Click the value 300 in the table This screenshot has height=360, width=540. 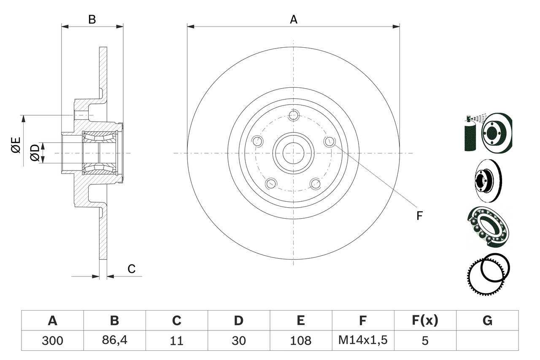[52, 341]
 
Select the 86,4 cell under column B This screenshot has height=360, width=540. [114, 341]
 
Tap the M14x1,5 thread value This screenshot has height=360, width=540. [363, 341]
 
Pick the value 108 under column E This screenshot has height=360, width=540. [301, 341]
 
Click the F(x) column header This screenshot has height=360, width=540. [425, 321]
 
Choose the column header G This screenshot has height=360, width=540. [487, 321]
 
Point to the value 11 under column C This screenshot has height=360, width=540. [176, 341]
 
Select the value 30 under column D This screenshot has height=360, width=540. [239, 341]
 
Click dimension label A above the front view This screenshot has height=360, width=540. [294, 19]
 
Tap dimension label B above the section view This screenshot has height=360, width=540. [92, 19]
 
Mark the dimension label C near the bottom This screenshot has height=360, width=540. [132, 269]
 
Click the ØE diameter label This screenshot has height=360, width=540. [16, 145]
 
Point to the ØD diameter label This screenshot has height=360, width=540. [35, 153]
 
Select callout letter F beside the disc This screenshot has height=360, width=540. [419, 216]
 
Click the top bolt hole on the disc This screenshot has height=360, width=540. [294, 115]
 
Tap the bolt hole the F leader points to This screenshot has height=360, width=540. [329, 142]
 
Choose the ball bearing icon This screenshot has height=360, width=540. [489, 227]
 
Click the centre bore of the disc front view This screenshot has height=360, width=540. [294, 153]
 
